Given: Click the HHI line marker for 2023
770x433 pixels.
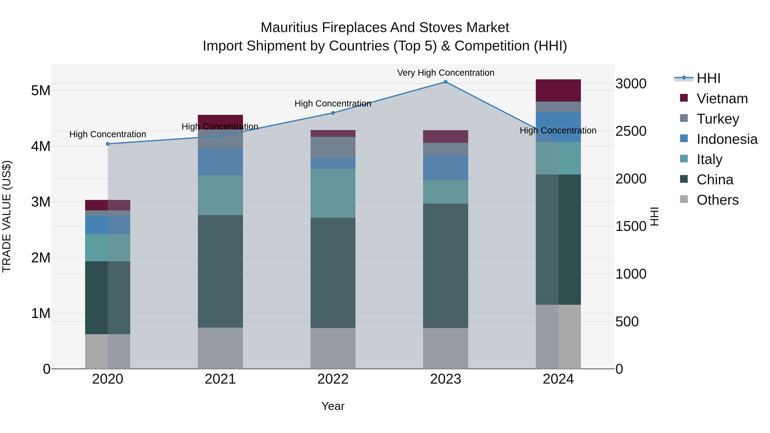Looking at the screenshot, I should pos(445,82).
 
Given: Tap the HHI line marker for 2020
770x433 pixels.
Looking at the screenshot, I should pos(108,144).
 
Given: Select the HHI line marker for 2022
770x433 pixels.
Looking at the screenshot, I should pos(333,113).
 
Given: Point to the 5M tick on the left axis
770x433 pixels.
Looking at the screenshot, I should pos(41,90).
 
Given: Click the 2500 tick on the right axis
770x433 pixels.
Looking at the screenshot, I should pos(631,131).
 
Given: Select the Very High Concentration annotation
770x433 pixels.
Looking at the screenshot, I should pos(445,73).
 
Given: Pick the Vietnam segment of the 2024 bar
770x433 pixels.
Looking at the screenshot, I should pos(558,90).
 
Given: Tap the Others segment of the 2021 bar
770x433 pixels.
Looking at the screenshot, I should pos(220,348).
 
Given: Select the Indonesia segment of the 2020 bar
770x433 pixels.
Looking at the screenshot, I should pos(108,225).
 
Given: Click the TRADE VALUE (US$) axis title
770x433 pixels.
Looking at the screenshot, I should pos(7,216).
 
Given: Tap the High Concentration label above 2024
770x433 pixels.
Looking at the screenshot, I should pos(558,131).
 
